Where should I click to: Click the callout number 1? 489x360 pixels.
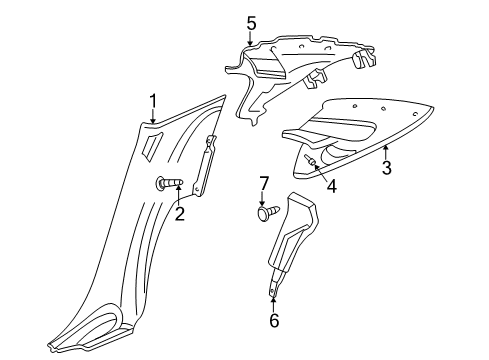pos(153,100)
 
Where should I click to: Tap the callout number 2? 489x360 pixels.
pos(180,213)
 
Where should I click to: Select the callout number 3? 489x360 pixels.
pos(387,169)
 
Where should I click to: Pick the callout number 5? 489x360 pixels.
pos(252,22)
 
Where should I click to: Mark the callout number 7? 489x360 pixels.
pos(265,184)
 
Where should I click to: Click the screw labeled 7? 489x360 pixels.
pos(267,213)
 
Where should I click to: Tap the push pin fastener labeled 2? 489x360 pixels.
pos(167,183)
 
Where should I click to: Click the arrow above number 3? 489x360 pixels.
pos(386,151)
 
